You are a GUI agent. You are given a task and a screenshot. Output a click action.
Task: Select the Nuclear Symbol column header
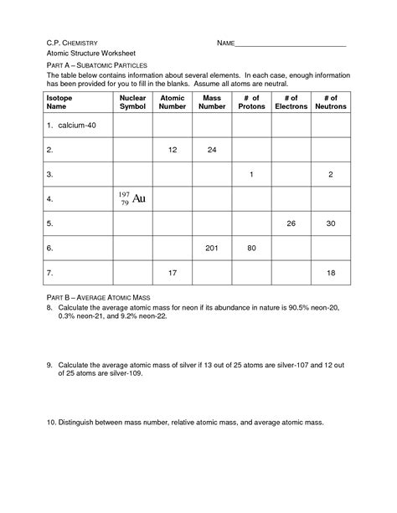132,102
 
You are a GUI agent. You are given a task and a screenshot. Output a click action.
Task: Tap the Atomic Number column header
173,102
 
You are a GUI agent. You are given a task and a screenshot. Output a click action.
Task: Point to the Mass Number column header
212,102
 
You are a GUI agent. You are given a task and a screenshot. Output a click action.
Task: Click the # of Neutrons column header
330,102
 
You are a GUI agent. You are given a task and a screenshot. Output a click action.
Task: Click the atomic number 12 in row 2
173,150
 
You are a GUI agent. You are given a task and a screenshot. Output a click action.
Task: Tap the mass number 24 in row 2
212,150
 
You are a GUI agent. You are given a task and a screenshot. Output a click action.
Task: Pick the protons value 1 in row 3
251,174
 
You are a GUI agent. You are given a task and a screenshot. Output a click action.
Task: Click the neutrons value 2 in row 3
330,174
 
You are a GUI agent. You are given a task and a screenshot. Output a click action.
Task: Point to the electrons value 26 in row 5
291,223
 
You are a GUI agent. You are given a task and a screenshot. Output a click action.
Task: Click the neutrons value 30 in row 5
330,223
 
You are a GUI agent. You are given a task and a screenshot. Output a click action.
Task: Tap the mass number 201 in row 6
212,249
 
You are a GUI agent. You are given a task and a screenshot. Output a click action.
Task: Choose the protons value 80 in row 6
251,249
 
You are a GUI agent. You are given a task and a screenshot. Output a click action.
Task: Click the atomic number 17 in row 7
173,273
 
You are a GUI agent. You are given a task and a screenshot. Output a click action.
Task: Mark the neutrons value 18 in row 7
330,273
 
